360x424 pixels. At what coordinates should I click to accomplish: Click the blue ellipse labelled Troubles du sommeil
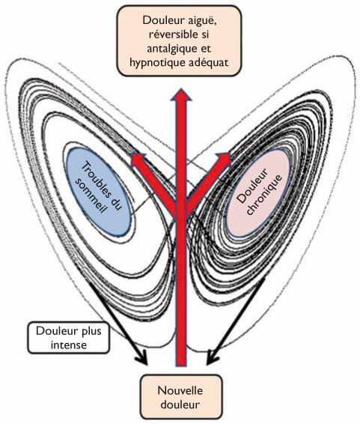(x=99, y=192)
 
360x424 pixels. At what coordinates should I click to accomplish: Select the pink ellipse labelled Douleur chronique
(x=258, y=193)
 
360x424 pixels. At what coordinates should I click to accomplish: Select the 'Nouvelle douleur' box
(x=181, y=397)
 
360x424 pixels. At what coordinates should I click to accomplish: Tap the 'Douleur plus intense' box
(x=69, y=337)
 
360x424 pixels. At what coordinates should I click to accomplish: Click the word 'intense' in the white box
(x=69, y=345)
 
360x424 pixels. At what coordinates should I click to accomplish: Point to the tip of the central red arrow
(x=181, y=89)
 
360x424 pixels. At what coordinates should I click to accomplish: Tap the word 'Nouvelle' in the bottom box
(x=180, y=391)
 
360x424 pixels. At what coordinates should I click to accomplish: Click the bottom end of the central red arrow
(x=181, y=366)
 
